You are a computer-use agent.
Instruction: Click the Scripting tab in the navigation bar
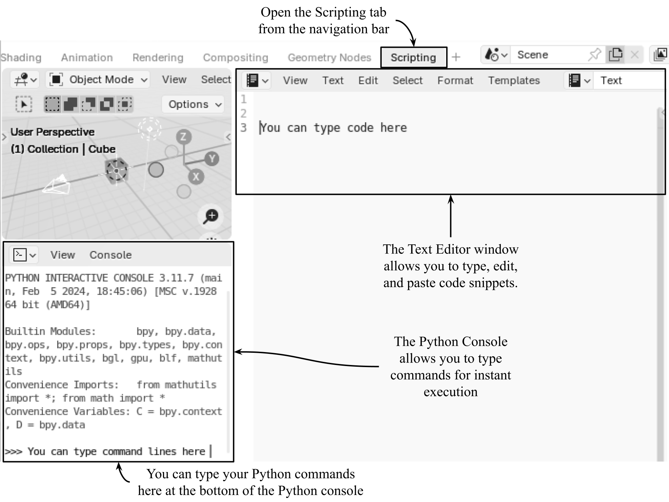point(413,58)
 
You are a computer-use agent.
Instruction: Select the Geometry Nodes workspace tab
point(329,58)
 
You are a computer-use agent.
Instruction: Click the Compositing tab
point(236,58)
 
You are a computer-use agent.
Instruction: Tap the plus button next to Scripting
point(456,57)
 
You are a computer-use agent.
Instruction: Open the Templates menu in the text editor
point(514,81)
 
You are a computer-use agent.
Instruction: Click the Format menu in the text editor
point(455,81)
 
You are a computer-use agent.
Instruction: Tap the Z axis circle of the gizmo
point(184,137)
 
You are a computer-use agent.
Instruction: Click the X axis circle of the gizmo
point(196,177)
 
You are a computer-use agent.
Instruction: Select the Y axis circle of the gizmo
point(212,159)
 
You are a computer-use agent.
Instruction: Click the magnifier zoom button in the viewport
point(210,216)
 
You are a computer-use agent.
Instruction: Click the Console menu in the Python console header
point(110,255)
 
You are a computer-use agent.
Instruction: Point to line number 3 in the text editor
point(244,128)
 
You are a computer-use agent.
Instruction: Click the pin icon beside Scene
point(594,55)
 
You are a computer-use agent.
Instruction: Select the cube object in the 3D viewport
point(117,171)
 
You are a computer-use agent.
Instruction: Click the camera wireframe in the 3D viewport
point(56,185)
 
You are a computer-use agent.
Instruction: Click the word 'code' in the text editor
point(360,128)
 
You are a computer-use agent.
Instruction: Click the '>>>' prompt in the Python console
point(13,452)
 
